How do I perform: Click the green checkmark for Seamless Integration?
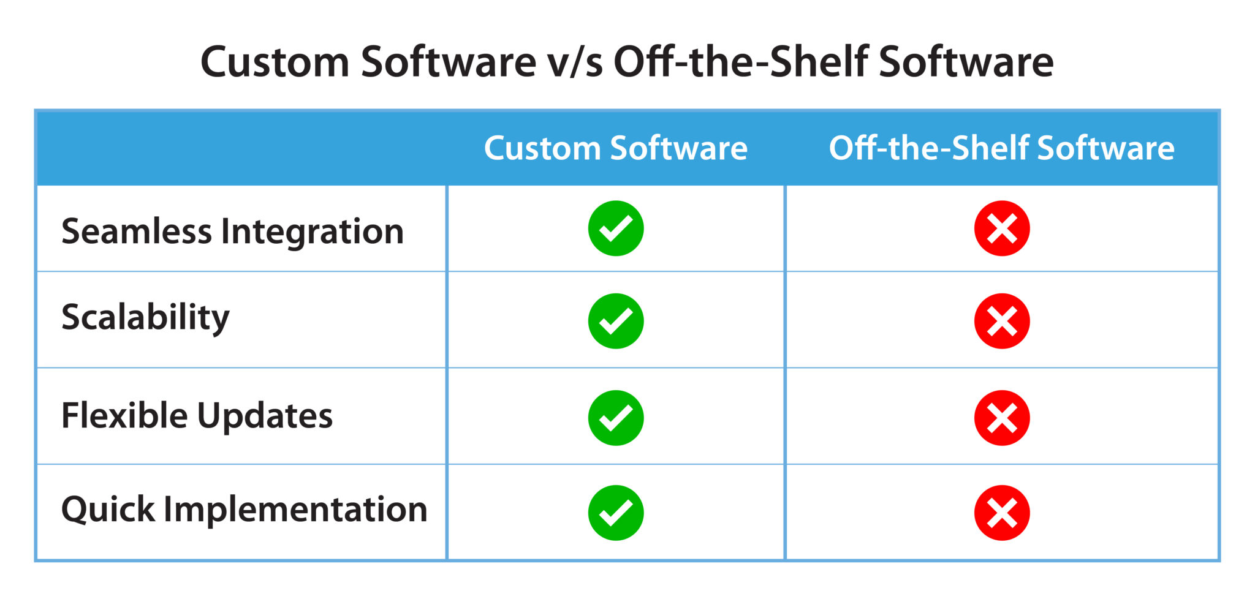tap(615, 228)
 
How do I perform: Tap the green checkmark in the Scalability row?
tap(615, 321)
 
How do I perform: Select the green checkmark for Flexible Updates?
tap(615, 418)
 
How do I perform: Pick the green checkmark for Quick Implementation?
tap(615, 513)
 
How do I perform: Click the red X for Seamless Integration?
tap(1001, 228)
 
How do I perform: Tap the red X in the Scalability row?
tap(1001, 321)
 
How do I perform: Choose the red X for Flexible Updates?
tap(1001, 418)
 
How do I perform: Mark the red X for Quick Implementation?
tap(1001, 513)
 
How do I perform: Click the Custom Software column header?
tap(615, 148)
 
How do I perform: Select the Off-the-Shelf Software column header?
tap(1001, 148)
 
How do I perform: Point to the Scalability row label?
tap(145, 318)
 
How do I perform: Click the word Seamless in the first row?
tap(136, 232)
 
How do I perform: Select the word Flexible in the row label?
tap(124, 415)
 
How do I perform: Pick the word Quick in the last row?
tap(108, 510)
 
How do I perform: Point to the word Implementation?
tap(295, 510)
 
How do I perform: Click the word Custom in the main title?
tap(275, 62)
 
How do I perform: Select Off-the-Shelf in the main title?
tap(741, 62)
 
